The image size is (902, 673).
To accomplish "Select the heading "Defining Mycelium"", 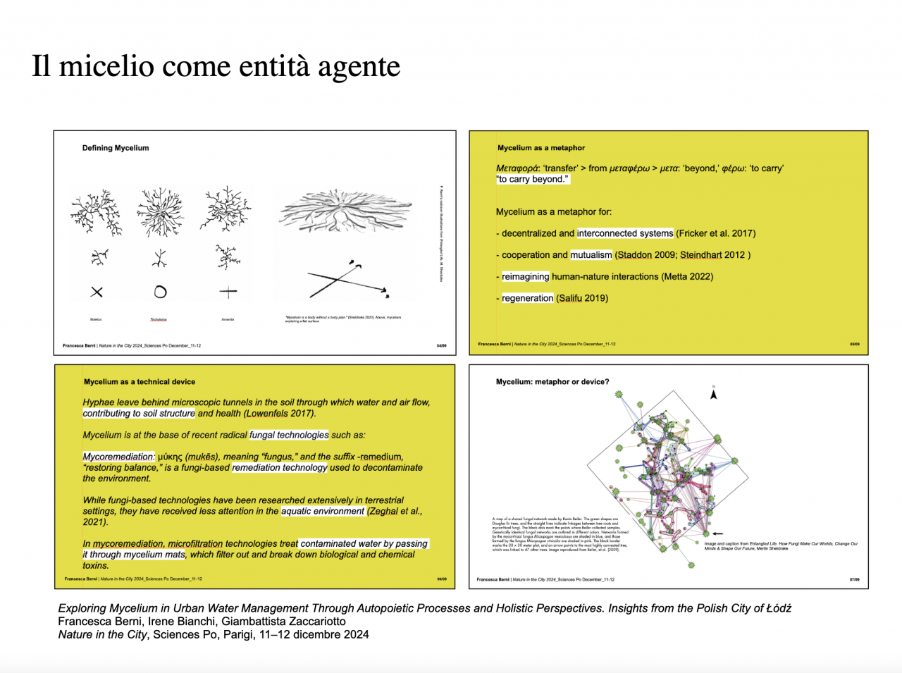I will tap(116, 148).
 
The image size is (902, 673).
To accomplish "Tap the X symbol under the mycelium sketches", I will tap(97, 292).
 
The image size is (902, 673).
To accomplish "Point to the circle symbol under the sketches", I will tap(160, 292).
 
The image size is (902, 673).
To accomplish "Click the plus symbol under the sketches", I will tap(228, 292).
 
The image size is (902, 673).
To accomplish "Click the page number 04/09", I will tap(441, 346).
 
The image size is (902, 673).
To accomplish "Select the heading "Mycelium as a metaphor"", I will tap(541, 148).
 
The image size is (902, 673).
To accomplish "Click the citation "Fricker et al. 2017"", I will tap(715, 233).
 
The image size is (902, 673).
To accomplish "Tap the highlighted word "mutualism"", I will tap(591, 255).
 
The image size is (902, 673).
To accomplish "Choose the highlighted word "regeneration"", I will tap(527, 298).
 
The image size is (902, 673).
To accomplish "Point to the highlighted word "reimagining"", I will tap(525, 277).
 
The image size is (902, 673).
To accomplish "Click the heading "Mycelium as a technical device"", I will tap(140, 382).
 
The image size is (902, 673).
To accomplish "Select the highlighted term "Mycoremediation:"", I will tap(118, 457).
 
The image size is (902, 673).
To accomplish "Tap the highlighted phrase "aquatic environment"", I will tap(323, 512).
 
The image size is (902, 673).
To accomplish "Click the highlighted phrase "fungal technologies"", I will tap(289, 436).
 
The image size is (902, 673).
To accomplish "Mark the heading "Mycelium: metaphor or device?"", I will tap(552, 382).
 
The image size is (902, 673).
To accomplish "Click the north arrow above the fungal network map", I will tap(713, 394).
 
